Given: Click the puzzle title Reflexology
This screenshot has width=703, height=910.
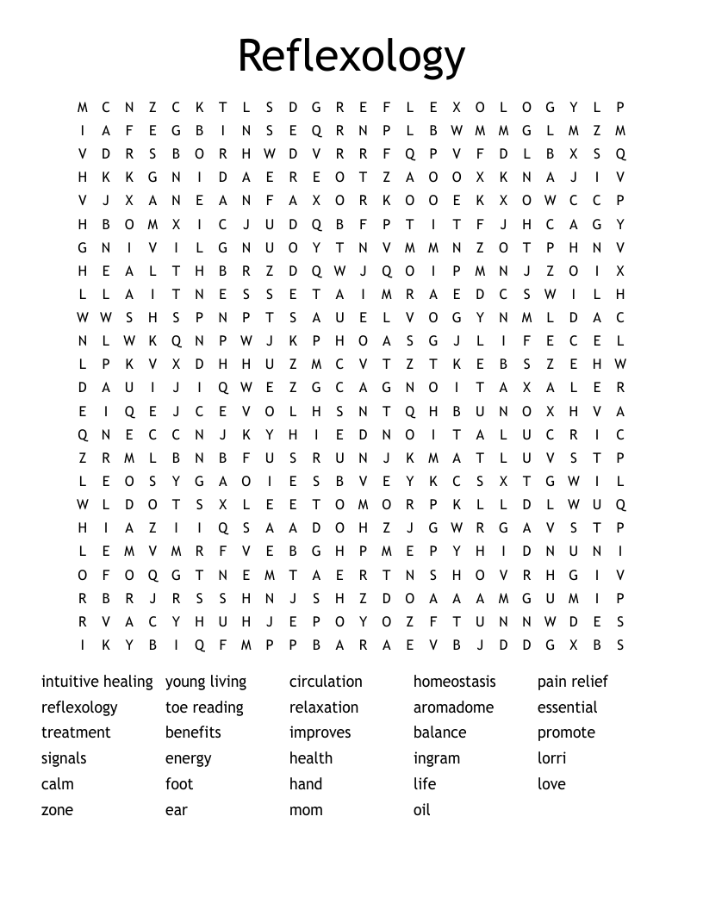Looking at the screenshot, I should [351, 56].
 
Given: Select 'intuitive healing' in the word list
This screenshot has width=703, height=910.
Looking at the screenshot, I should [96, 682].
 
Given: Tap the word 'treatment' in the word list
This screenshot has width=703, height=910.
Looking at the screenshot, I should [76, 732].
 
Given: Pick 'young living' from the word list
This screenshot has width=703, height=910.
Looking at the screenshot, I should [206, 682].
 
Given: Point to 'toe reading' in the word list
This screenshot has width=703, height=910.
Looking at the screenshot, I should [204, 707].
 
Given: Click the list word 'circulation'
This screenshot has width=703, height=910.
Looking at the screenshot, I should [326, 682].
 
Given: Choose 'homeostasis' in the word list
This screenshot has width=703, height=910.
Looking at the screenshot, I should [454, 682].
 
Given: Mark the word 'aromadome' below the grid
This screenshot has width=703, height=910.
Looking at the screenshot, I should [453, 707].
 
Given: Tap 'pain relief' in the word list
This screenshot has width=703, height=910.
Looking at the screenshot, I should [572, 682].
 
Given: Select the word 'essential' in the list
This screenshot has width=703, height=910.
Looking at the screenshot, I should [567, 707].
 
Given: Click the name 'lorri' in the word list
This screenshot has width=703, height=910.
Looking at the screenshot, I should [551, 758].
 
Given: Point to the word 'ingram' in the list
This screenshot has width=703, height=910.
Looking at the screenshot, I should [437, 758].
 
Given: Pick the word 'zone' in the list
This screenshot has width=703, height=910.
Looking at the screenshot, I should [57, 810].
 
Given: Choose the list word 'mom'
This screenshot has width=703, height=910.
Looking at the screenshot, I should [306, 810].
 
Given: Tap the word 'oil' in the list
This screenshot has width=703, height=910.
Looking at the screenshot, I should [421, 810].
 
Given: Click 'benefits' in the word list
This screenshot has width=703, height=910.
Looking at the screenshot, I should [193, 732].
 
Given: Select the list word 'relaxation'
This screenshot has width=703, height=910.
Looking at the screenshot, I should [323, 707].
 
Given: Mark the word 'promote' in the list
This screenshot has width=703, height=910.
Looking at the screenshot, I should [566, 732].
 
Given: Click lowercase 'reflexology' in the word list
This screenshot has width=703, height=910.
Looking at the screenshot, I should [79, 707].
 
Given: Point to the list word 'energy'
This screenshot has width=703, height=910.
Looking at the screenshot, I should [188, 758].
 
